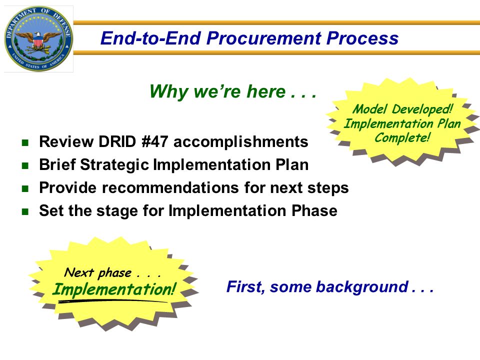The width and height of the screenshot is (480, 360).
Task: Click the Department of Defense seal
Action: pos(38,38)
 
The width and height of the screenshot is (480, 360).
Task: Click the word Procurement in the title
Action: pos(263,38)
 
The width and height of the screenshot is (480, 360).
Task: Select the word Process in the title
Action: pos(362,38)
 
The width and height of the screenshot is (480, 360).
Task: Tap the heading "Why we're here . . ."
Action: pos(232,91)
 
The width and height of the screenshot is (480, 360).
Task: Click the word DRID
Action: pos(117,141)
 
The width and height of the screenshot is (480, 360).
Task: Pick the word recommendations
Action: pos(170,187)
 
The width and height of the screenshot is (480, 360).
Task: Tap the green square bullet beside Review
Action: pos(25,142)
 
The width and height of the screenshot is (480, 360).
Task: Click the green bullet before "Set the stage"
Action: pos(25,211)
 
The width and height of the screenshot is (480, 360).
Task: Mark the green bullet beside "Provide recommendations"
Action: pos(25,188)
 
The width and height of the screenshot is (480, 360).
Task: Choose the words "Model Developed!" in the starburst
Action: pos(402,109)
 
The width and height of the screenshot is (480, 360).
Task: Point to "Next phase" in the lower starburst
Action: pos(98,272)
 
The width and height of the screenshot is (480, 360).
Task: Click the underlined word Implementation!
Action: pos(114,289)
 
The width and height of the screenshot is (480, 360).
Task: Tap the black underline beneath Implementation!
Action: pos(112,301)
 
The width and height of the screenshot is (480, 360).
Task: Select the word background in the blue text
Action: pos(362,287)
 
